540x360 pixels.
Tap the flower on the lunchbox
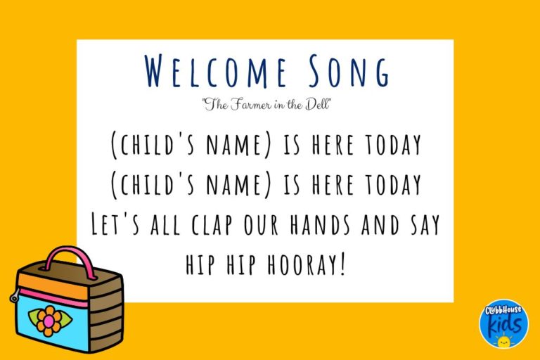click(49, 321)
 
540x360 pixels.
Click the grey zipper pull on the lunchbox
click(13, 297)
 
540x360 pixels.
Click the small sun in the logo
click(503, 341)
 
